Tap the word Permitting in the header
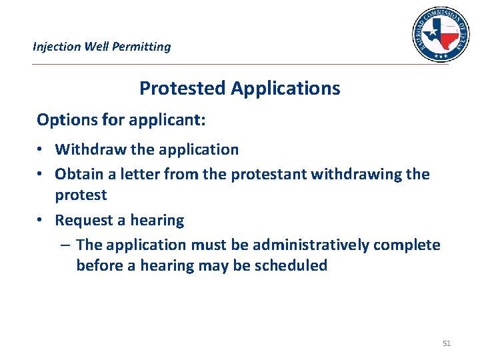point(143,47)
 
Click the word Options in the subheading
point(64,120)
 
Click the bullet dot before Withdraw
point(41,150)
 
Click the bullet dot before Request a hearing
point(41,221)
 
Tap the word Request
point(83,220)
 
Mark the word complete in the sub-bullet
point(407,245)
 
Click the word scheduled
point(291,265)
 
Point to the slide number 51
point(447,343)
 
